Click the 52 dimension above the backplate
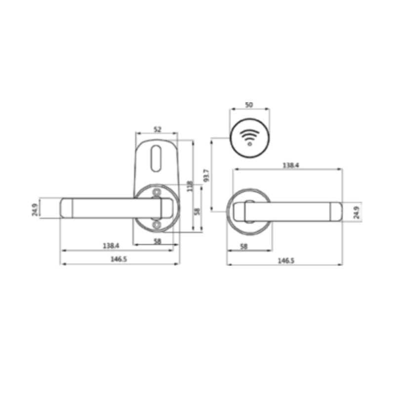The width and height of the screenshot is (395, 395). (157, 129)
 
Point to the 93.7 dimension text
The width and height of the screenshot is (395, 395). (206, 175)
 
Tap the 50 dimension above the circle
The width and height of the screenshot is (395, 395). (249, 105)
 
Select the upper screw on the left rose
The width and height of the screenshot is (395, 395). (157, 192)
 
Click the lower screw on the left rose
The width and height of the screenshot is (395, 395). (157, 225)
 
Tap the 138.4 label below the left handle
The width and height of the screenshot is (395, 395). (111, 245)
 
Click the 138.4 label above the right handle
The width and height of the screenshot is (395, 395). (290, 165)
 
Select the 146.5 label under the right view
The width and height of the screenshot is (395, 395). (285, 260)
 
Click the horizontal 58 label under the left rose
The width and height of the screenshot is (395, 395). (157, 240)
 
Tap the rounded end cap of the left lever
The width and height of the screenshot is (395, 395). (67, 208)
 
